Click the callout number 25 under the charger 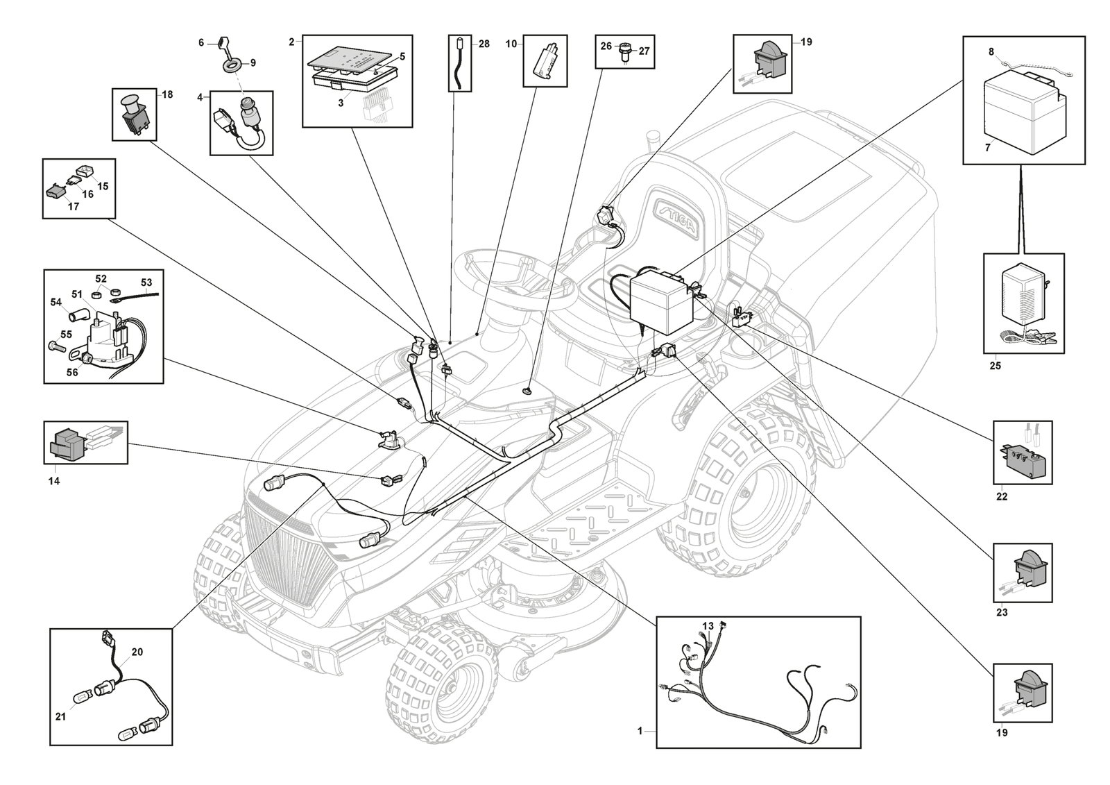[995, 366]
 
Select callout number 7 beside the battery [987, 147]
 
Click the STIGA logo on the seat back [681, 219]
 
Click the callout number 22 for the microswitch [1002, 496]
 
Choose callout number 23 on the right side [1002, 612]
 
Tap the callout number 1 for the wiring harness [640, 731]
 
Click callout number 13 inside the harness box [708, 626]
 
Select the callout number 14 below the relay [53, 480]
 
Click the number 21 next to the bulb [60, 716]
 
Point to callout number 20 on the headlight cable [137, 652]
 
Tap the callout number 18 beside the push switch [167, 94]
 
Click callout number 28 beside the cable [484, 44]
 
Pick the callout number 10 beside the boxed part [511, 44]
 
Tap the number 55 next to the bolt [66, 335]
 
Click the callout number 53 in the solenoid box [146, 283]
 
